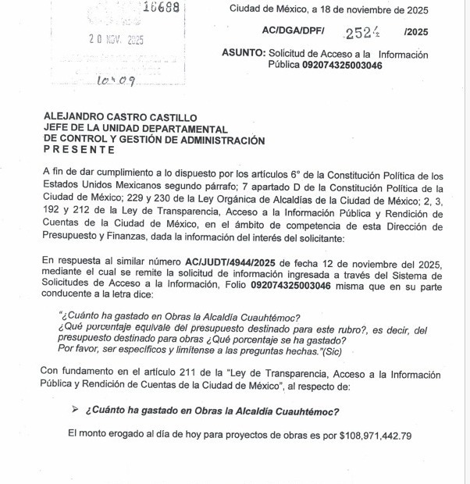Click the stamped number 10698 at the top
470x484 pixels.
click(x=162, y=9)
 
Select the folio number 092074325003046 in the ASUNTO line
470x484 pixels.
click(x=343, y=65)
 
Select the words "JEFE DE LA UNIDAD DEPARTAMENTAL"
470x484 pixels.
click(x=136, y=128)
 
